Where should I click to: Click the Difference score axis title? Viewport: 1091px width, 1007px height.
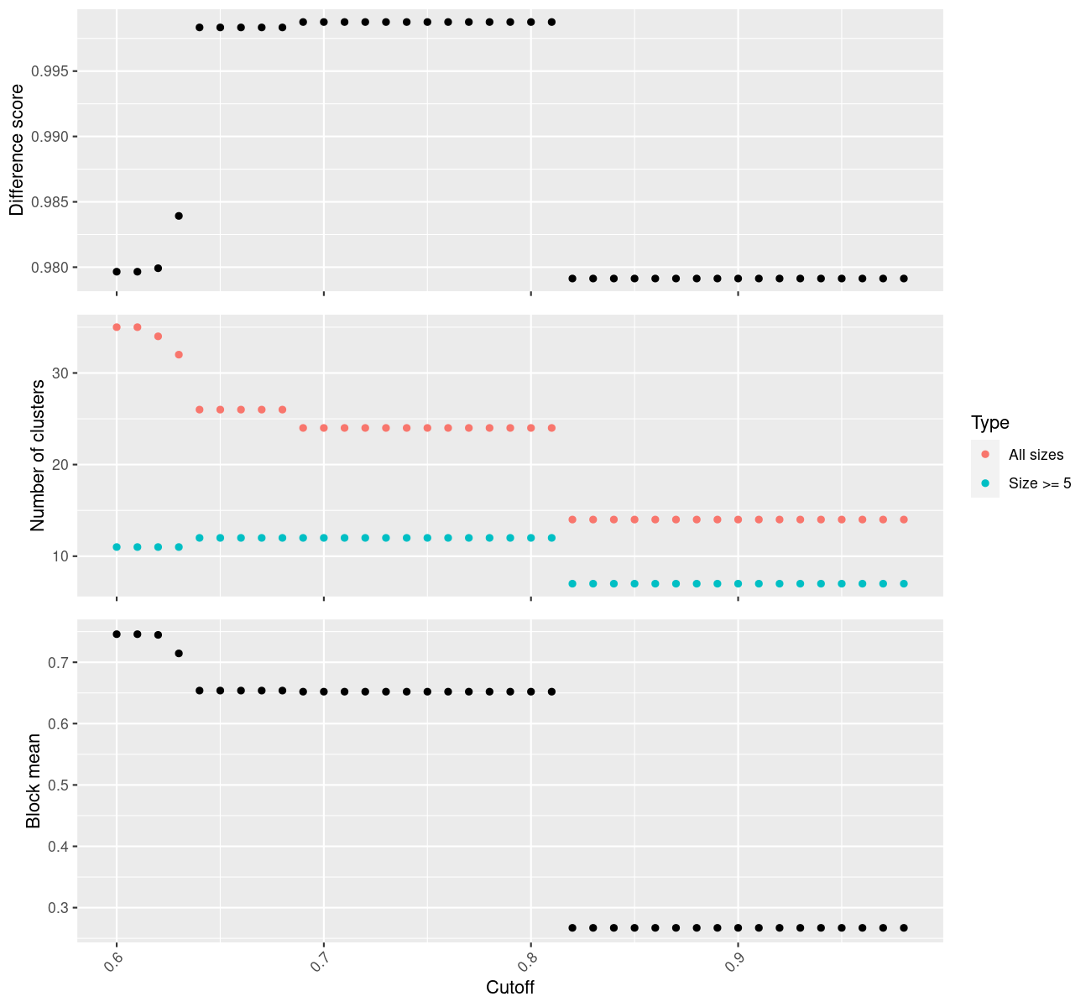[16, 150]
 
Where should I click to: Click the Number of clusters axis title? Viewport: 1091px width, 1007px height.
[37, 456]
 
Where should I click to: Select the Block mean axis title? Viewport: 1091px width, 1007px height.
[34, 780]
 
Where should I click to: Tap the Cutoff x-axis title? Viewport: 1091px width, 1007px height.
[510, 987]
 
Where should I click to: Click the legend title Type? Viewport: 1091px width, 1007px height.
[989, 422]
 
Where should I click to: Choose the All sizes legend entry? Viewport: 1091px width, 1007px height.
[1036, 455]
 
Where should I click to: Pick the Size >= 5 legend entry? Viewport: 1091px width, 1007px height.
[1040, 483]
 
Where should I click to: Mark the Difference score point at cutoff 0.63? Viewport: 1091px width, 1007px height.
[179, 216]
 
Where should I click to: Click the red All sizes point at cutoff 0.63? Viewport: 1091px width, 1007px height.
[179, 355]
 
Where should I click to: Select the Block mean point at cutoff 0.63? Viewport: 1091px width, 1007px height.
[179, 653]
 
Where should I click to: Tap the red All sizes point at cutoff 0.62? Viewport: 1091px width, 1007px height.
[158, 337]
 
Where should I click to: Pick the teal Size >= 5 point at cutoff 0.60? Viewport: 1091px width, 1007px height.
[117, 547]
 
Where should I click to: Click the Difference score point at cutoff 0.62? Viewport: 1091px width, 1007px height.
[158, 269]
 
